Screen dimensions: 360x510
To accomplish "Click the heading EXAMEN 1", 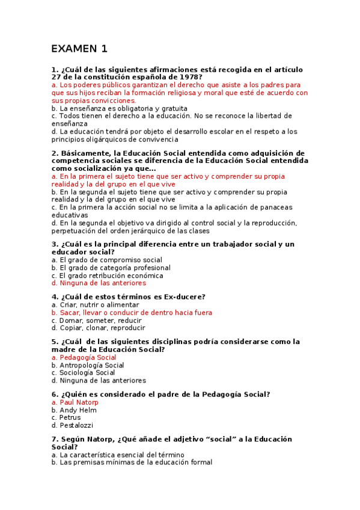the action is click(x=79, y=49).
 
